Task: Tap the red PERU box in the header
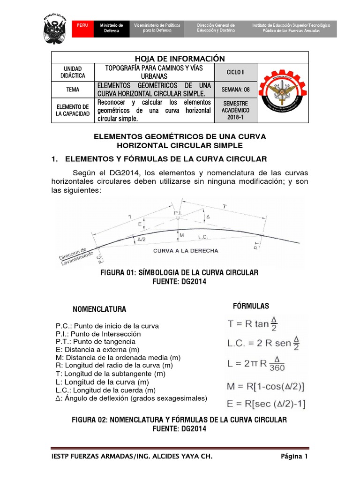click(x=82, y=25)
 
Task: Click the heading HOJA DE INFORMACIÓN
click(x=180, y=58)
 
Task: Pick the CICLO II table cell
click(x=235, y=72)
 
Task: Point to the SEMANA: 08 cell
click(x=235, y=89)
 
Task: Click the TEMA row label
click(x=73, y=89)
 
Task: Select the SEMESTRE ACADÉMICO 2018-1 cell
click(x=235, y=110)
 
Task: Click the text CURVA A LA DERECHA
click(x=185, y=251)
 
